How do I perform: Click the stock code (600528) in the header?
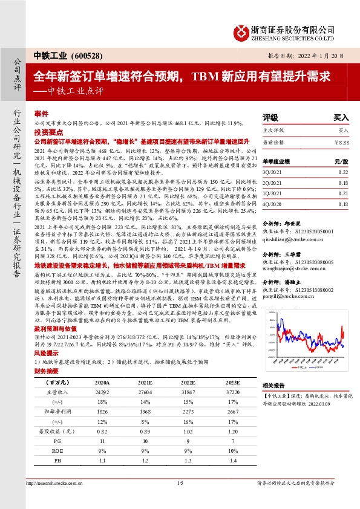[74, 55]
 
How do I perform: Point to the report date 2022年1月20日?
[317, 56]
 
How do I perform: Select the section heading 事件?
[41, 114]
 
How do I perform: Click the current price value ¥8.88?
[342, 141]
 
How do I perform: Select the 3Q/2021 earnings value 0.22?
[343, 172]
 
